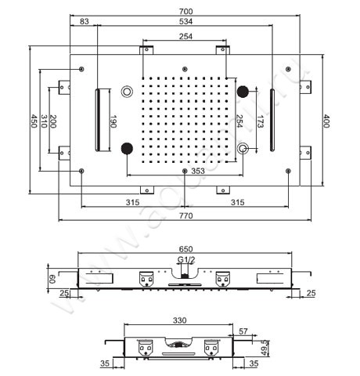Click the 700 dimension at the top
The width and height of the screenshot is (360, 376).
click(185, 10)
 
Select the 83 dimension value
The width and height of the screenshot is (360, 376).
click(84, 22)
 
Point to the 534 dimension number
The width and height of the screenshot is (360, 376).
click(185, 22)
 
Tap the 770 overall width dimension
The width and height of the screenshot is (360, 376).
click(185, 213)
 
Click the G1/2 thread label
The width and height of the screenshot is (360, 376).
click(185, 259)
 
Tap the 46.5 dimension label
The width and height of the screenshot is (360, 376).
click(265, 345)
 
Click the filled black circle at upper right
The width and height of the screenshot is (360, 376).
click(243, 91)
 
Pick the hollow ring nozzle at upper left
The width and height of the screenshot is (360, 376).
click(128, 92)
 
